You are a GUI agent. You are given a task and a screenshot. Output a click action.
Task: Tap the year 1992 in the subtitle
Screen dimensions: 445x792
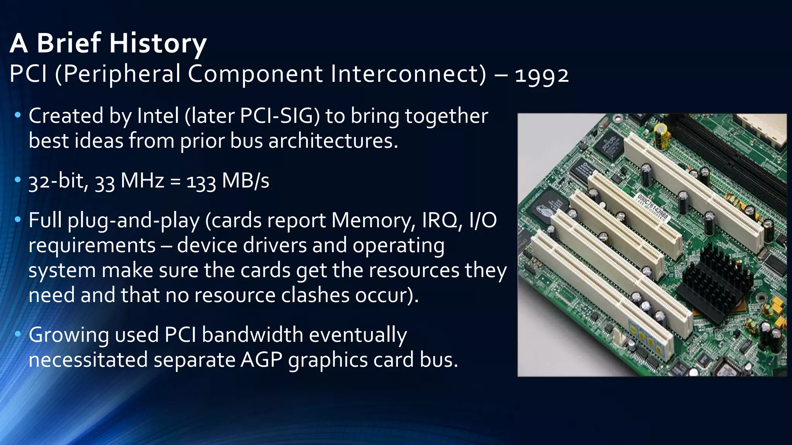542,75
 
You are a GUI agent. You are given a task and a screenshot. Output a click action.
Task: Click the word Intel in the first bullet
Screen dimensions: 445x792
158,116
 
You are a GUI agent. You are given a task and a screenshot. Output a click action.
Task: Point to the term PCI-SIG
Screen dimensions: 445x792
280,116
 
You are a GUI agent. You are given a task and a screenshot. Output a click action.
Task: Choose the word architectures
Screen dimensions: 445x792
333,141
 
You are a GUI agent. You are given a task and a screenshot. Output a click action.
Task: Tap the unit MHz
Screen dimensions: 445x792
142,181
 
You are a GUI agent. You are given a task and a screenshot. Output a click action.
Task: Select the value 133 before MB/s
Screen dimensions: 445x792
201,182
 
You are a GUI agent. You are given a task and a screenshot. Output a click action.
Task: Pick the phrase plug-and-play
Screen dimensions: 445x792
133,221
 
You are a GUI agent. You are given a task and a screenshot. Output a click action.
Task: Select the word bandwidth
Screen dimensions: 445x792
252,335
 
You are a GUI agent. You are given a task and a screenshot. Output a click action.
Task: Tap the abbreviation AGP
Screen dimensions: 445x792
261,360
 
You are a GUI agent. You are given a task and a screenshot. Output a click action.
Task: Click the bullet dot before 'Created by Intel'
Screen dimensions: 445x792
17,115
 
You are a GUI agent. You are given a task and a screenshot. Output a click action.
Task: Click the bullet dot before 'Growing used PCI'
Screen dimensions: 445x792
17,334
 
